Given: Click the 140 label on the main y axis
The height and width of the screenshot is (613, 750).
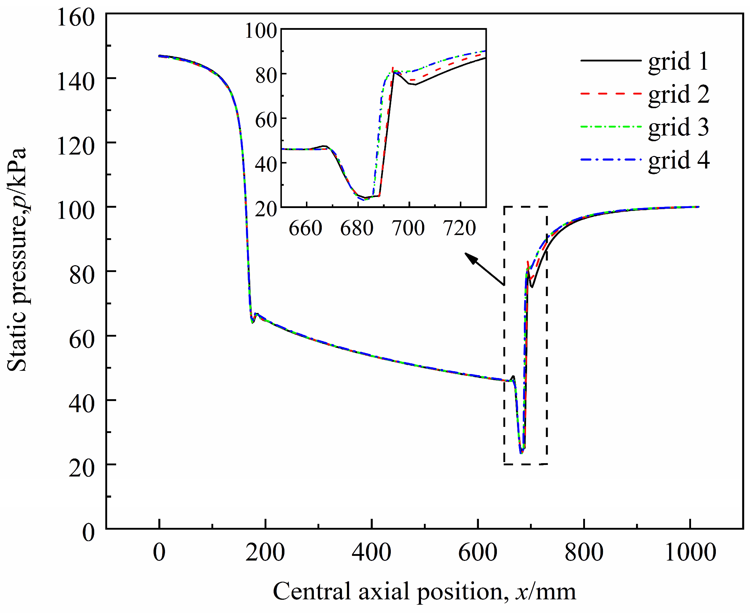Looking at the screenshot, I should pyautogui.click(x=76, y=82).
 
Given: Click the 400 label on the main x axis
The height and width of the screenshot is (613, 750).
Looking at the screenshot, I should pyautogui.click(x=371, y=552).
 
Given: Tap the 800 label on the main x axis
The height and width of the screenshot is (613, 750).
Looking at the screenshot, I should pyautogui.click(x=584, y=552).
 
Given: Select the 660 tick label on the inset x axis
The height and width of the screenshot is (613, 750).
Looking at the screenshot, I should pyautogui.click(x=306, y=228).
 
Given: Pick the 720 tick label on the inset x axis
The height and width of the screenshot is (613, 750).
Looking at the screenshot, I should pyautogui.click(x=460, y=228).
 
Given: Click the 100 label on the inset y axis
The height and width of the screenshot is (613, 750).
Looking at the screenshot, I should pyautogui.click(x=261, y=31).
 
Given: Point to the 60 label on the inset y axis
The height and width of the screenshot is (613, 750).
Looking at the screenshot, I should pyautogui.click(x=266, y=120).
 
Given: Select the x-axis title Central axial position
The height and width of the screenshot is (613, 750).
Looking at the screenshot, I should pyautogui.click(x=424, y=591).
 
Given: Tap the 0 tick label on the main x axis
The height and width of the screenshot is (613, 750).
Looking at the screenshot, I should pyautogui.click(x=159, y=552).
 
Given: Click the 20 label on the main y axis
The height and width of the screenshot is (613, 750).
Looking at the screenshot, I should pyautogui.click(x=82, y=468).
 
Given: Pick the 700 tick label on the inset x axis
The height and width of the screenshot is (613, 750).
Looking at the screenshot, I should pyautogui.click(x=409, y=228).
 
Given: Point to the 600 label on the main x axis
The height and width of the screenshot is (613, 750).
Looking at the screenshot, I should pyautogui.click(x=477, y=552).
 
